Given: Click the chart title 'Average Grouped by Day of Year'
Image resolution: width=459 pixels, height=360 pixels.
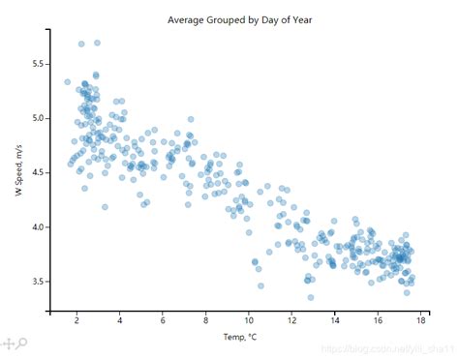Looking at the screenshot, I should (239, 19).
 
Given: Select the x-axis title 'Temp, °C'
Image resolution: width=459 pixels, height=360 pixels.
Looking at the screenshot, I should (238, 336).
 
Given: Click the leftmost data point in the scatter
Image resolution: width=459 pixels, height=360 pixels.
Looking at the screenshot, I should (67, 82).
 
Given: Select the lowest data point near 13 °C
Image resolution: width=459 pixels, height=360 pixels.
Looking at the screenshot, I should (311, 297).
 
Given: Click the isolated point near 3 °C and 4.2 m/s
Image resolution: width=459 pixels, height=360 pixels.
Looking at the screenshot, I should (105, 206).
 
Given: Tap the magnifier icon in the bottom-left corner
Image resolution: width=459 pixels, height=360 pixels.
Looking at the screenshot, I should (20, 344).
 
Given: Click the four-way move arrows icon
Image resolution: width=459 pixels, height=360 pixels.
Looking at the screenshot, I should (7, 344).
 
